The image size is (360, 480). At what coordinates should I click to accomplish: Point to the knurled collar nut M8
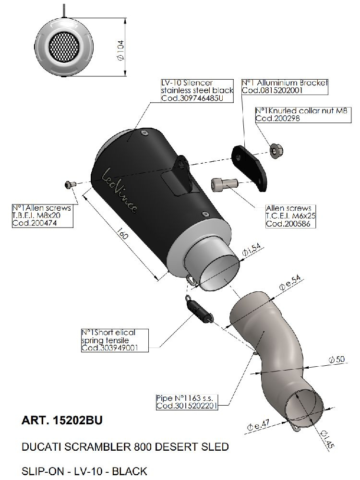pos(276,151)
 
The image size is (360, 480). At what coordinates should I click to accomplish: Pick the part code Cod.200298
pos(277,118)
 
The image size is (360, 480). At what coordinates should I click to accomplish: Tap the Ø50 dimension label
pos(337,359)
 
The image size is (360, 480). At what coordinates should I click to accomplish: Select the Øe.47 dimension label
pos(258,424)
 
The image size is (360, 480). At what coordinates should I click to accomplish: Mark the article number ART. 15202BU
pos(62,421)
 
